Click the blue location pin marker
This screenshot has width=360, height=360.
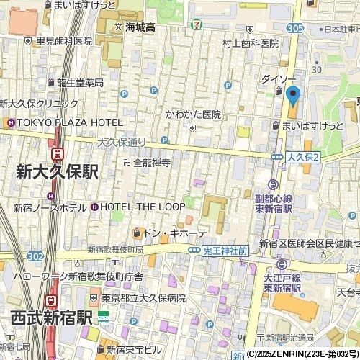(292, 95)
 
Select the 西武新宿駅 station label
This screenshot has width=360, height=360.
(51, 318)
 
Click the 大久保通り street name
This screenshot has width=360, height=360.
(121, 142)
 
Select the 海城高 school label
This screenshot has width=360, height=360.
(140, 27)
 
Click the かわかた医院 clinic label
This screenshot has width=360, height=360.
(193, 114)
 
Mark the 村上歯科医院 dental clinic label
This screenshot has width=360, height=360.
(250, 43)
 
